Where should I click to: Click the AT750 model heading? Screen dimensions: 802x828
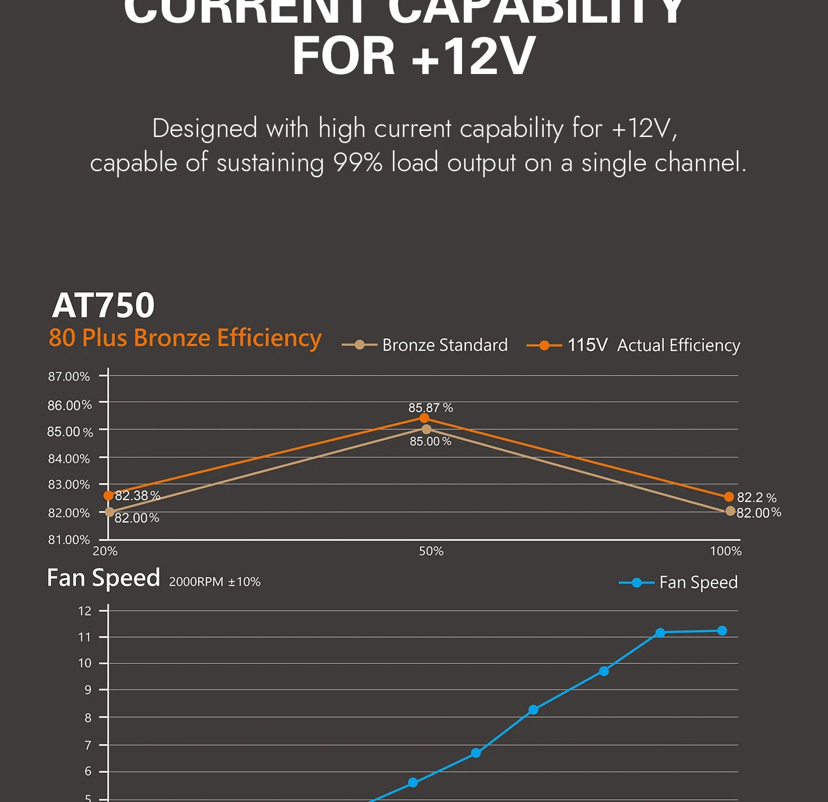click(x=103, y=305)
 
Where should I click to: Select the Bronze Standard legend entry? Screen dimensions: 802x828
click(x=424, y=345)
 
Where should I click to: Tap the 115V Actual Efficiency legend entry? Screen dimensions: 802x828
click(x=633, y=345)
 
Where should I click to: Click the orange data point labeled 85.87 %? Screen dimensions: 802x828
click(x=424, y=418)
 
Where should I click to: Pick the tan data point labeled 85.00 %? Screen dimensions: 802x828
click(x=426, y=429)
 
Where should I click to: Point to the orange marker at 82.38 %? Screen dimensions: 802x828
click(x=109, y=495)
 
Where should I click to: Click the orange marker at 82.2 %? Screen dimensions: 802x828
click(x=729, y=497)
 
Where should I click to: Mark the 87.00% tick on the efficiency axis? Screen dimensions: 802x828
click(x=69, y=377)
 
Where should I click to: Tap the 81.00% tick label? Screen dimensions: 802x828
click(x=69, y=540)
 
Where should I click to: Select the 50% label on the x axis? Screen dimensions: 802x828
click(x=431, y=551)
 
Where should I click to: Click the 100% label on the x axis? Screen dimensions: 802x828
click(x=725, y=551)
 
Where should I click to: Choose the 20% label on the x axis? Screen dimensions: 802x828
click(x=105, y=551)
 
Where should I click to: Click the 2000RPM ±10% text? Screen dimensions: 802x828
click(x=215, y=582)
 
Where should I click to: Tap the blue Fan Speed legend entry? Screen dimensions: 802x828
click(x=678, y=583)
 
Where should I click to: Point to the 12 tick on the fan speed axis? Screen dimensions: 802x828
click(x=84, y=611)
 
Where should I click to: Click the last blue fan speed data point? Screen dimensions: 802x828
click(x=722, y=631)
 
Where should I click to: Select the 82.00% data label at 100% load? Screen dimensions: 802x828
click(x=758, y=513)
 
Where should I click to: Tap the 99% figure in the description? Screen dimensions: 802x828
click(x=358, y=163)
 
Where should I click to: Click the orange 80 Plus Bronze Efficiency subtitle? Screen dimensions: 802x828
click(x=185, y=338)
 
